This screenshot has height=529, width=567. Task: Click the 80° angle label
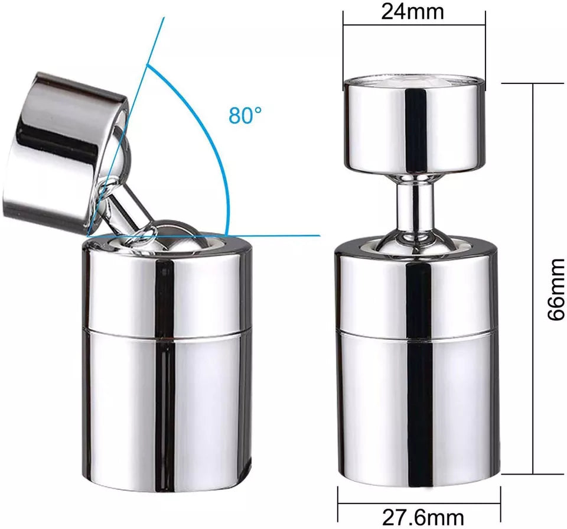pyautogui.click(x=245, y=115)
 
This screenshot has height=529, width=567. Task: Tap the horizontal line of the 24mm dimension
pyautogui.click(x=378, y=25)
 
